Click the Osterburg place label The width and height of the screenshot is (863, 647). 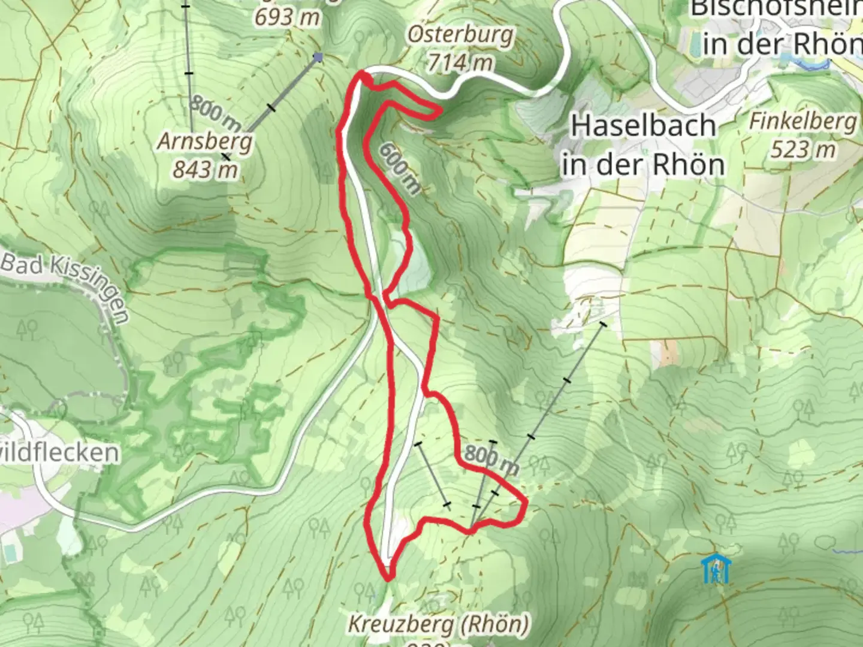click(x=460, y=35)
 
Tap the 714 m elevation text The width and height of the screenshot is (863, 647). click(x=461, y=61)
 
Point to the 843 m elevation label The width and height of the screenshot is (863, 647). click(x=205, y=170)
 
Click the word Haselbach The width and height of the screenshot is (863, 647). click(x=644, y=126)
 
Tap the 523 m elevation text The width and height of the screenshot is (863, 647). click(x=802, y=149)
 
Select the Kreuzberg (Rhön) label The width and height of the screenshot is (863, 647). click(x=439, y=625)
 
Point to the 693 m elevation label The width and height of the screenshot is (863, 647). click(x=287, y=17)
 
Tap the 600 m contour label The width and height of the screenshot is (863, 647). click(x=399, y=168)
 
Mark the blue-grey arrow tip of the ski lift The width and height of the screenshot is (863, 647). click(x=318, y=58)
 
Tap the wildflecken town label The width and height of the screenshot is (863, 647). click(x=60, y=452)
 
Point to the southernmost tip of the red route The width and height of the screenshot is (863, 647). click(x=388, y=579)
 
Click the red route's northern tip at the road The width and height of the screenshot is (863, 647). click(x=362, y=74)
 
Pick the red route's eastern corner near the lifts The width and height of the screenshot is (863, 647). click(x=525, y=502)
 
